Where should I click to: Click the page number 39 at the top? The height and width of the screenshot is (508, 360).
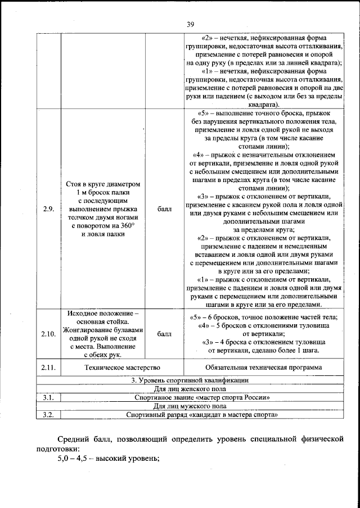(190, 24)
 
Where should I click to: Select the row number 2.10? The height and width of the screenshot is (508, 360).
(48, 334)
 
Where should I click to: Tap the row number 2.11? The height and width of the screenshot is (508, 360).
(48, 368)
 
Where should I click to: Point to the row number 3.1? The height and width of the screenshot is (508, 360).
(48, 397)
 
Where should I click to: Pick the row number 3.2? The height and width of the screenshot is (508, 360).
(48, 415)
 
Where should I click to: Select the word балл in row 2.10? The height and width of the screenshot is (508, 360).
(164, 334)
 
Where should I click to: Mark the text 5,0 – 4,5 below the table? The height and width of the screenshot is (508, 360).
(75, 459)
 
